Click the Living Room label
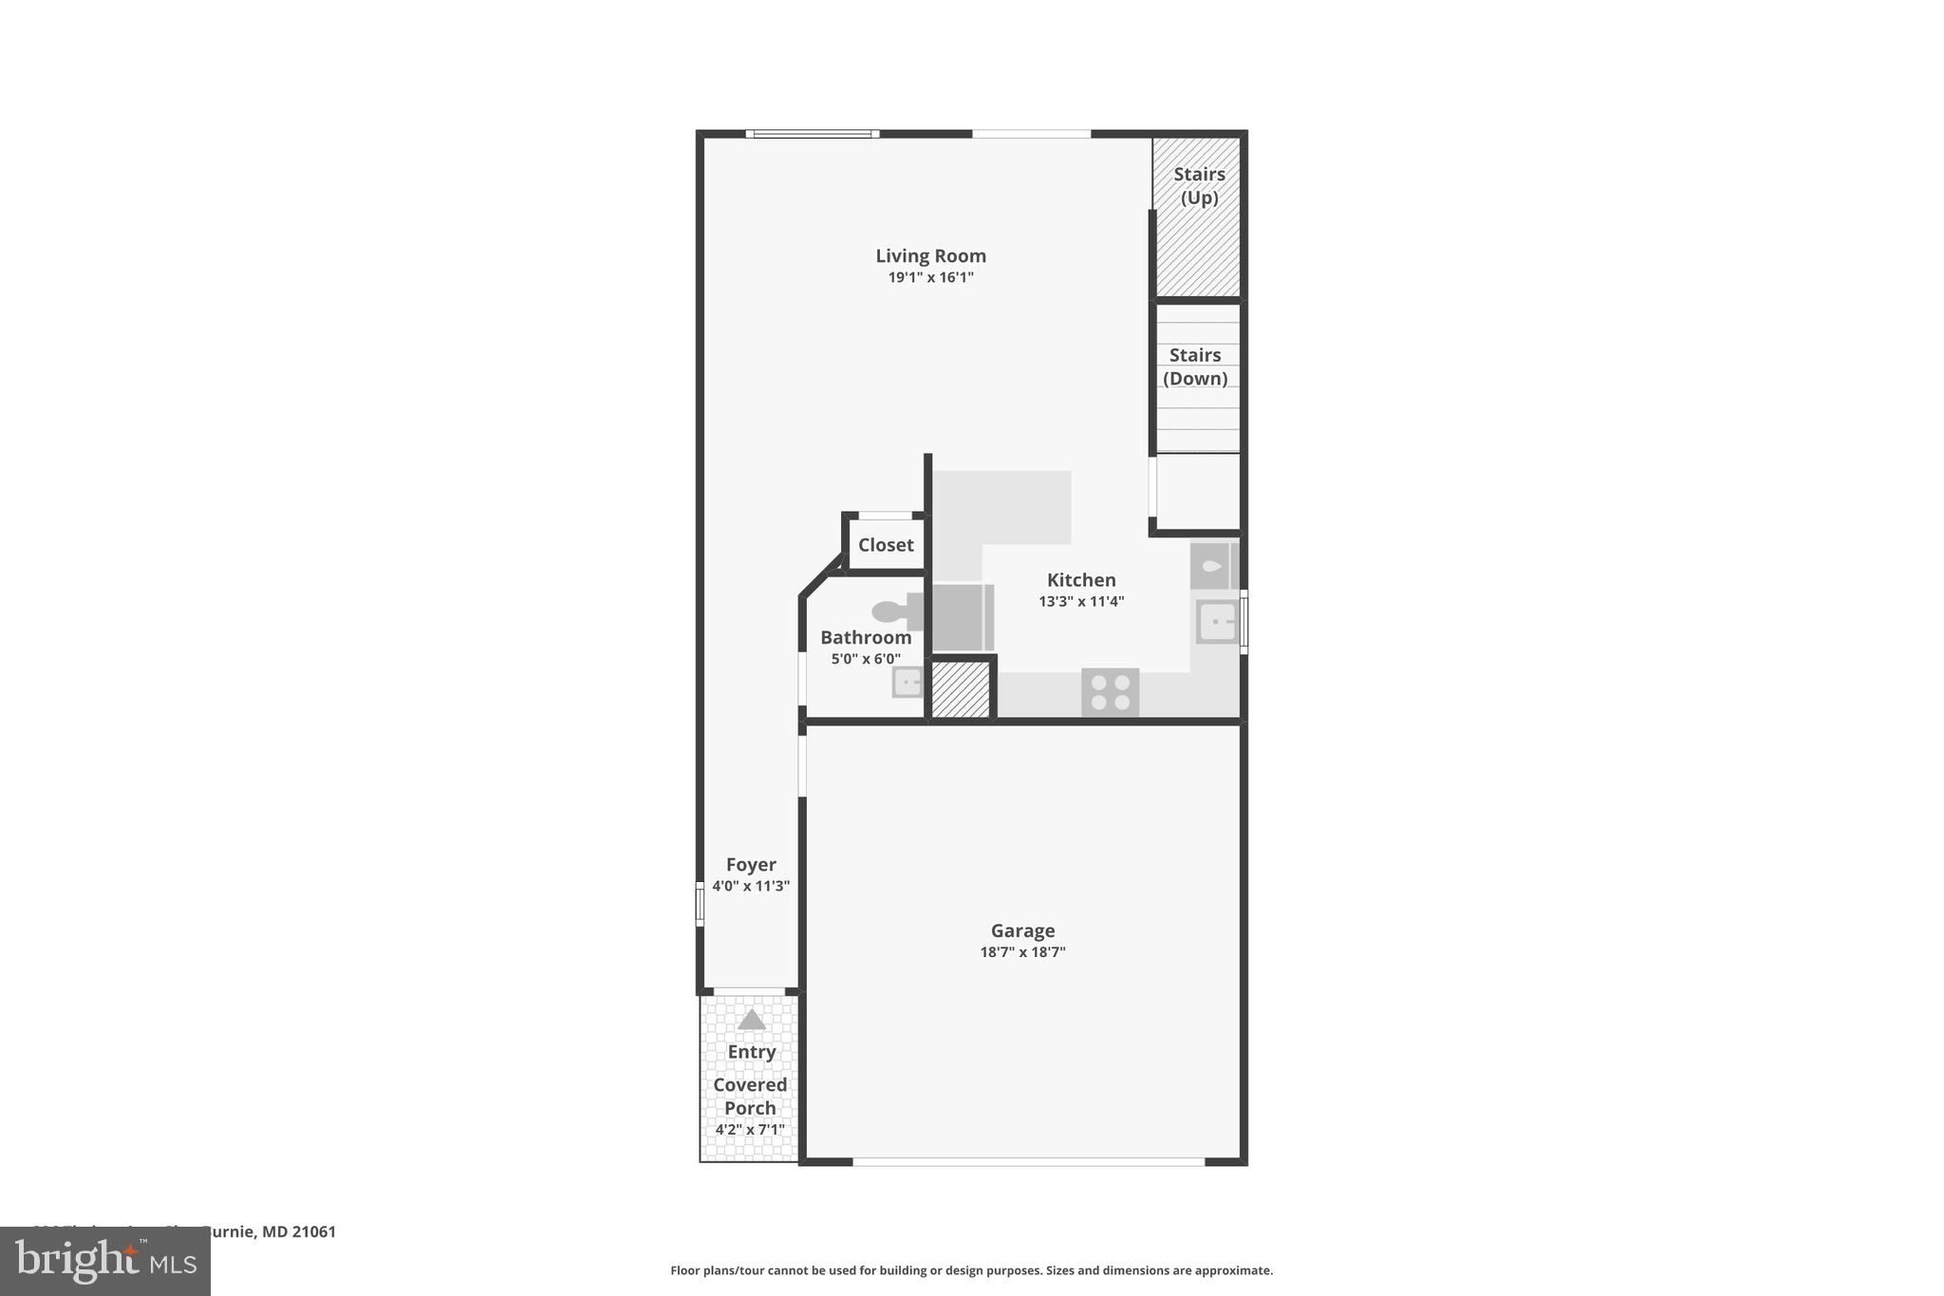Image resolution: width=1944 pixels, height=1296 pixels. pyautogui.click(x=930, y=255)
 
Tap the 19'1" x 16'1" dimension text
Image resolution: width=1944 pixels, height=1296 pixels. pyautogui.click(x=930, y=277)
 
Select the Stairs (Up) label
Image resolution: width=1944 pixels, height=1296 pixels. pyautogui.click(x=1199, y=186)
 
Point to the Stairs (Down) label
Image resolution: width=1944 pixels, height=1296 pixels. pyautogui.click(x=1195, y=366)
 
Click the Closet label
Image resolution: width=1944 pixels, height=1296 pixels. pyautogui.click(x=886, y=545)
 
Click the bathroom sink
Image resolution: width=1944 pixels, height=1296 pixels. pyautogui.click(x=907, y=682)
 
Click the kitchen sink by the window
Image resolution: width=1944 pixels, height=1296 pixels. pyautogui.click(x=1216, y=623)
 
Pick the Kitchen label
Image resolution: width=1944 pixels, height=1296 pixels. pyautogui.click(x=1081, y=580)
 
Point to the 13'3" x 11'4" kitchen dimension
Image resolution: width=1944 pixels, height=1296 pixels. pyautogui.click(x=1081, y=601)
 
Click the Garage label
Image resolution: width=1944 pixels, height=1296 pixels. pyautogui.click(x=1022, y=930)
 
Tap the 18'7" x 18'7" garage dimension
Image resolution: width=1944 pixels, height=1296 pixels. pyautogui.click(x=1022, y=952)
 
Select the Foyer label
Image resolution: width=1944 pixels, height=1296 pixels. pyautogui.click(x=751, y=864)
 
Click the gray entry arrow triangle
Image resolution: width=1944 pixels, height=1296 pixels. pyautogui.click(x=751, y=1021)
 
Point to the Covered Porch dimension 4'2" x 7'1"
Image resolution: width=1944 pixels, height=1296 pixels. pyautogui.click(x=750, y=1130)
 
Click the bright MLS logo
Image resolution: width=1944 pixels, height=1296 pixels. pyautogui.click(x=104, y=1262)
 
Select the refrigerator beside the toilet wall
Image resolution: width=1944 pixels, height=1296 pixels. pyautogui.click(x=961, y=618)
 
